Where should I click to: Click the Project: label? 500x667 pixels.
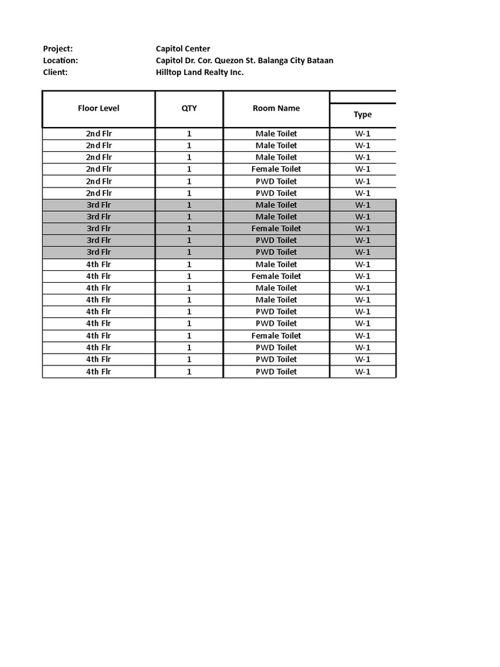click(58, 49)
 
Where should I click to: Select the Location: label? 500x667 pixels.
click(61, 61)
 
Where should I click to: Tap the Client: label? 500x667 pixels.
click(55, 72)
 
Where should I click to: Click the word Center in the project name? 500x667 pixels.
click(197, 49)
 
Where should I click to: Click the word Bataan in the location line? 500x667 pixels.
click(319, 61)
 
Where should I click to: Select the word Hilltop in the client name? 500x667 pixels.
click(170, 72)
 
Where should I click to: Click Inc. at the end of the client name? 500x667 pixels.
click(237, 72)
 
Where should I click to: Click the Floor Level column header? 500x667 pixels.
click(99, 109)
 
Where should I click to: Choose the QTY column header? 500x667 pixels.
click(189, 109)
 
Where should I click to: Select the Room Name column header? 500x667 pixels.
click(276, 109)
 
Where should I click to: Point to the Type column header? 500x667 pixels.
click(363, 115)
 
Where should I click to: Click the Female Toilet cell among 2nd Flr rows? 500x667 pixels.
click(276, 169)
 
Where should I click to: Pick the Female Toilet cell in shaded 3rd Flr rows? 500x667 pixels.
click(276, 229)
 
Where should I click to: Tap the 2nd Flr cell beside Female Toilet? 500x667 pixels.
click(99, 169)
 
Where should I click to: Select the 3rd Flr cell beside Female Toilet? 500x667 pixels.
click(99, 229)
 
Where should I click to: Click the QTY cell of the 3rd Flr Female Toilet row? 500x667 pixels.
click(189, 229)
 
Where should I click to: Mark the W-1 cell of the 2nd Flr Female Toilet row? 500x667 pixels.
click(363, 169)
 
